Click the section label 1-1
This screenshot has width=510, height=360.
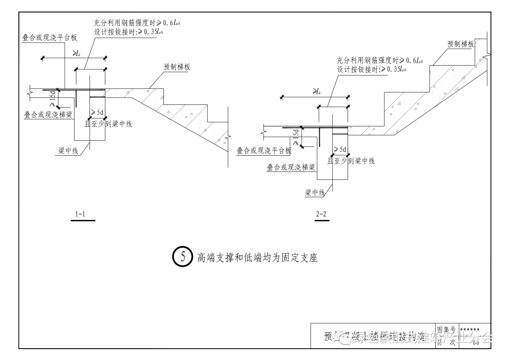(x=80, y=215)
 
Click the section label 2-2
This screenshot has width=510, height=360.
(x=321, y=215)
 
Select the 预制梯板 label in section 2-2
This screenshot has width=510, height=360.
(x=460, y=44)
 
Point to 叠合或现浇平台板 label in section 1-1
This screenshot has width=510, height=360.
(x=50, y=38)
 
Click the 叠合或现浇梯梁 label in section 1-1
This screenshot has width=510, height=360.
(x=49, y=115)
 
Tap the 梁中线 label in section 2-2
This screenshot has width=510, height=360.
(x=315, y=192)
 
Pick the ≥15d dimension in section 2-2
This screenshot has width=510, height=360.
(x=296, y=137)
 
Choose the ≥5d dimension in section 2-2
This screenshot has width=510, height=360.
(x=340, y=150)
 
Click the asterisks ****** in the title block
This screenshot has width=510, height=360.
(x=469, y=329)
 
